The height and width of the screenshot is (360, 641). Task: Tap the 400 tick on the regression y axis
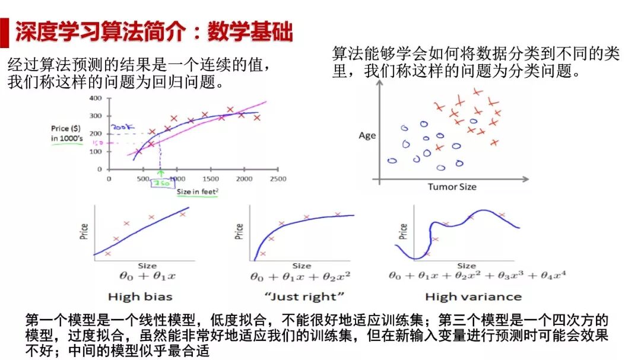(x=96, y=97)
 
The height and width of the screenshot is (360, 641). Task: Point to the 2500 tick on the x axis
(x=277, y=178)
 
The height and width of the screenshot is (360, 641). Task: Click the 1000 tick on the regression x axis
(x=176, y=178)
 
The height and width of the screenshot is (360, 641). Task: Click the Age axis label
(x=367, y=135)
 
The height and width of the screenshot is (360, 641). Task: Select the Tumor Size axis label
(x=452, y=187)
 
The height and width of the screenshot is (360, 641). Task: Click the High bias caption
(x=139, y=296)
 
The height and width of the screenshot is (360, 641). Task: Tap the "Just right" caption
(x=304, y=296)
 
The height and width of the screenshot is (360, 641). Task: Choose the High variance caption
(x=473, y=296)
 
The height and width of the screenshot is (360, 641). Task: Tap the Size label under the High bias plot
(x=147, y=266)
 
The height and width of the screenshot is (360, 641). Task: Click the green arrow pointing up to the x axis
(x=160, y=173)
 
